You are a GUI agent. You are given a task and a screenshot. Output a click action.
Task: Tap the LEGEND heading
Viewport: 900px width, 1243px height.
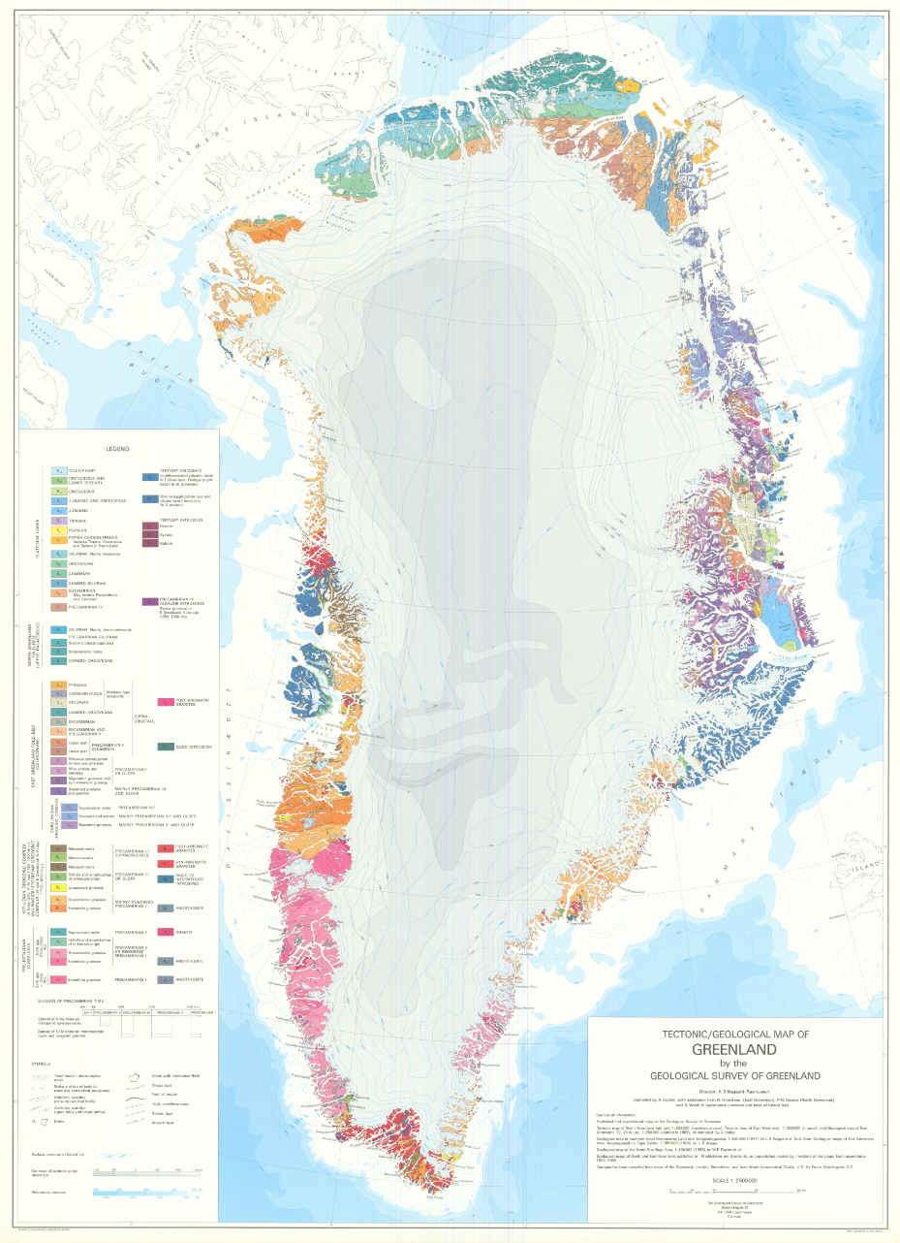click(120, 449)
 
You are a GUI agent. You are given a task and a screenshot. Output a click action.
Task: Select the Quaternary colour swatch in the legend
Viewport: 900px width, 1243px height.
click(58, 470)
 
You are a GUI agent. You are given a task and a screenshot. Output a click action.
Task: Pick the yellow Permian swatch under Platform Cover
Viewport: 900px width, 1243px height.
click(58, 529)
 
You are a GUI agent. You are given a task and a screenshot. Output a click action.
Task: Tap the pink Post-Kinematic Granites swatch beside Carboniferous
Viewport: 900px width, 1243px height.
click(150, 701)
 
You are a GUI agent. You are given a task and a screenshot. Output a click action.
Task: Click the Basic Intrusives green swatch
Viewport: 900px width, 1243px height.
click(150, 747)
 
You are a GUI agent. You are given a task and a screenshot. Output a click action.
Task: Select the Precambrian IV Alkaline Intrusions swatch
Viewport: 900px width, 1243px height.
click(150, 602)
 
